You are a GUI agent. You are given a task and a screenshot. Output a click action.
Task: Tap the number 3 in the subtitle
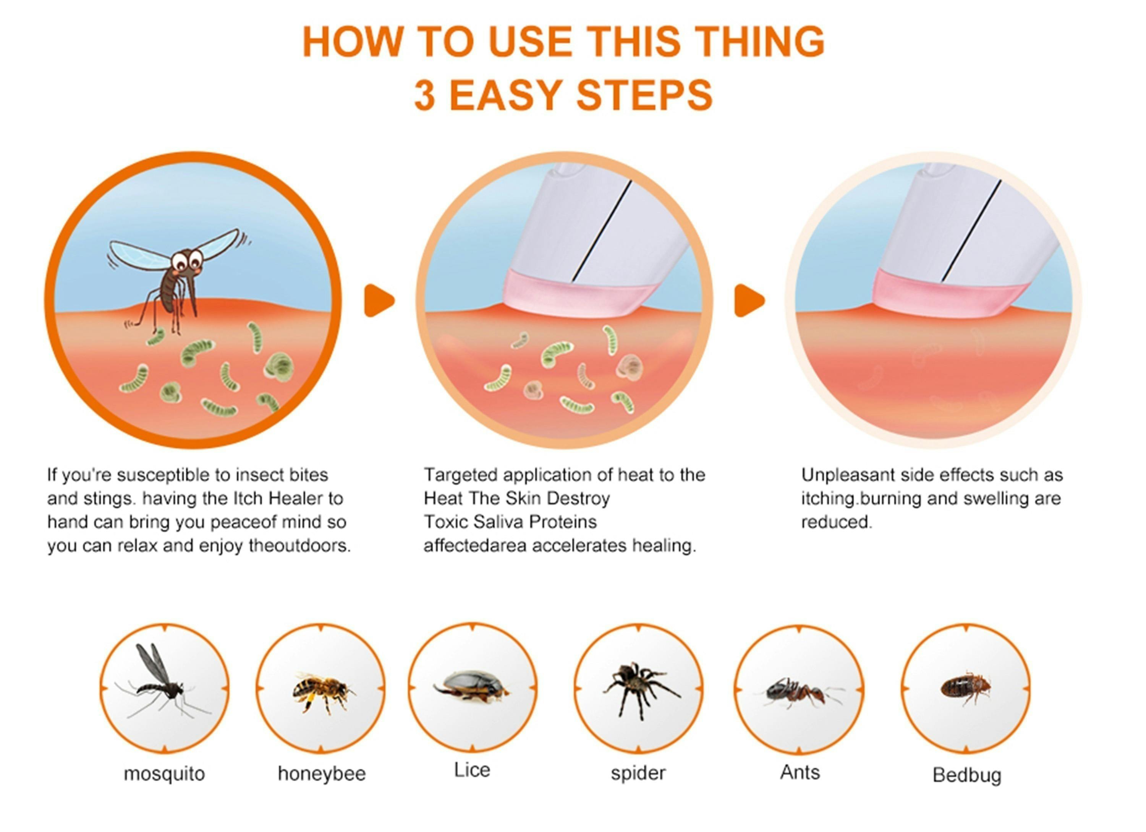[424, 95]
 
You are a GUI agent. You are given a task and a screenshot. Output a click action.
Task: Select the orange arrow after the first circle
[379, 301]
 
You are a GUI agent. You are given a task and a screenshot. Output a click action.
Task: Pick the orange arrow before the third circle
[749, 301]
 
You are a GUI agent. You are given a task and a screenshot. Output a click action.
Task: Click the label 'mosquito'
[164, 774]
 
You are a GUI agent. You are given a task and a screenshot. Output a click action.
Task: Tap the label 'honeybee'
[322, 774]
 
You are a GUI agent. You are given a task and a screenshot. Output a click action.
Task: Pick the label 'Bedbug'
[966, 775]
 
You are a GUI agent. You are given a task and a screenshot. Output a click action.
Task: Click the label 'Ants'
[800, 772]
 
